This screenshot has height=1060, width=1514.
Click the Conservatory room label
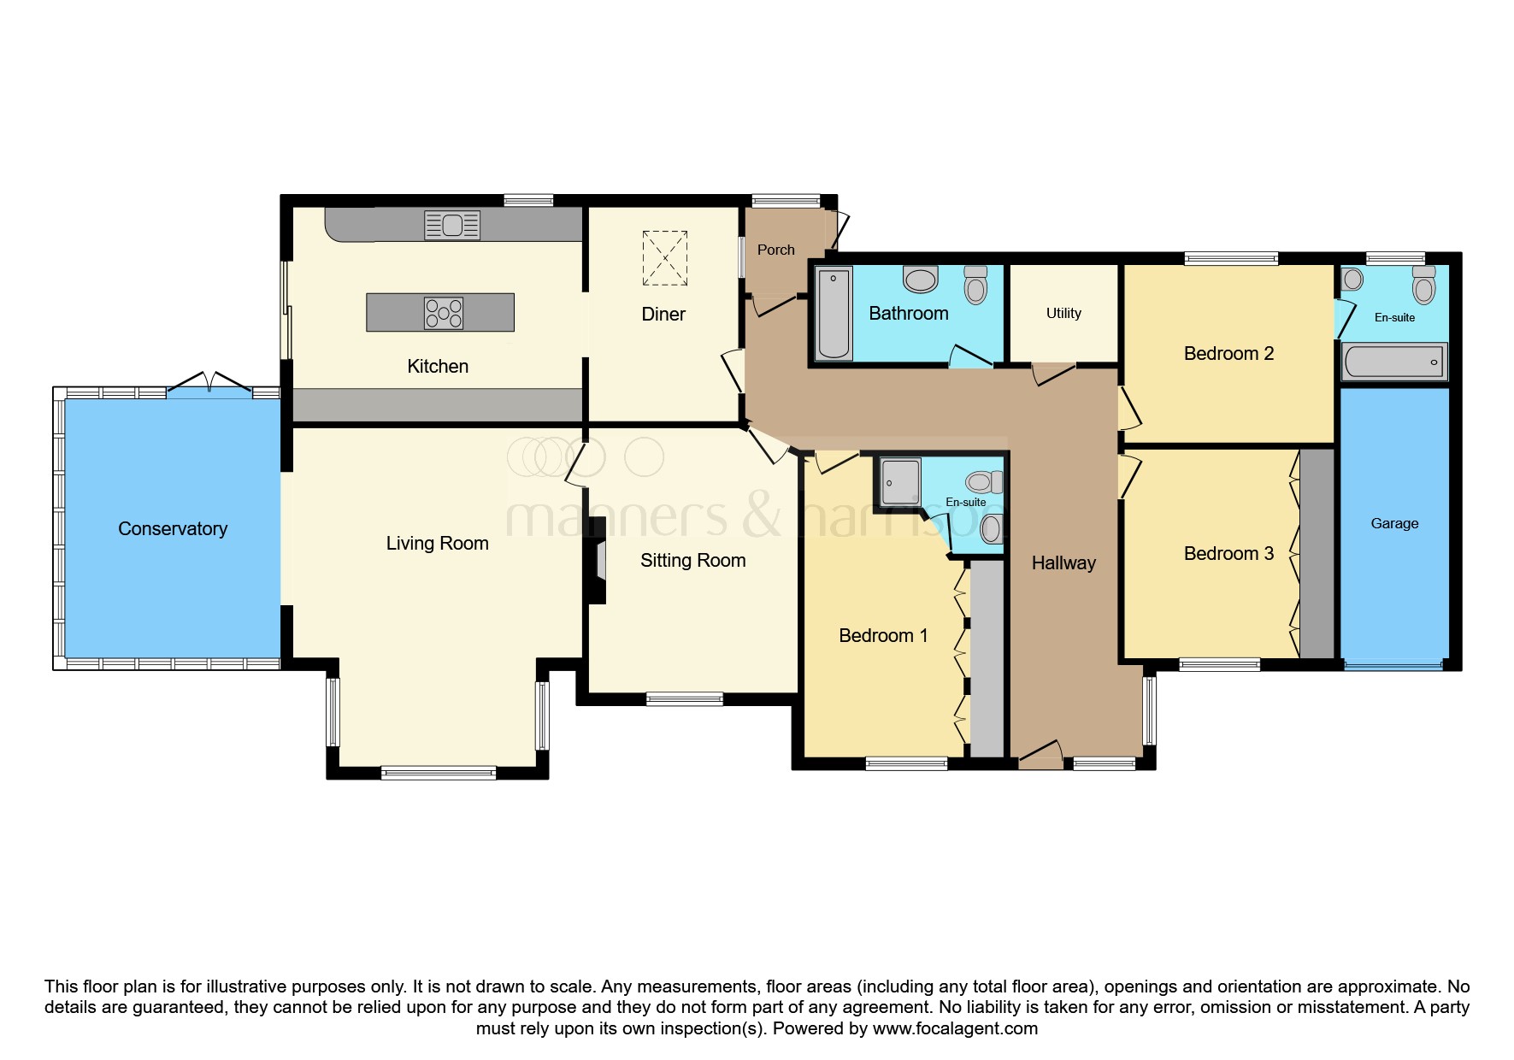click(173, 529)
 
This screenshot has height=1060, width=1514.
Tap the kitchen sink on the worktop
click(452, 225)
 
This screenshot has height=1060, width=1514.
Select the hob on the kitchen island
click(444, 313)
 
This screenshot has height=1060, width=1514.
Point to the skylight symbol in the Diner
click(664, 257)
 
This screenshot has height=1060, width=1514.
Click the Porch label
click(776, 250)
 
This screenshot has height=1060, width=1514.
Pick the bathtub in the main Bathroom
click(834, 313)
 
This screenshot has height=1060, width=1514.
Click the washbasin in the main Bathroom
click(921, 279)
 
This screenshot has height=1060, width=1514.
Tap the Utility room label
click(1063, 313)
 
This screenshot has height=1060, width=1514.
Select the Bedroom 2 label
click(1228, 354)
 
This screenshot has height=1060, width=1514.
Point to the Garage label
click(1394, 523)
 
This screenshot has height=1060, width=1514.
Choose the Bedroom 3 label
click(1228, 554)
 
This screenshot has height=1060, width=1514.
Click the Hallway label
click(1063, 562)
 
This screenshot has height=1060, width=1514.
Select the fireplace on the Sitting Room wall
click(598, 560)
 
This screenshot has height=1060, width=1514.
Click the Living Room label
click(437, 544)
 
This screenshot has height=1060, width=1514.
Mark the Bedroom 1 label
click(883, 636)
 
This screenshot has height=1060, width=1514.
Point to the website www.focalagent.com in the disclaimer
click(955, 1028)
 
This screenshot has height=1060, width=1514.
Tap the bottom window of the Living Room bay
click(439, 774)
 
